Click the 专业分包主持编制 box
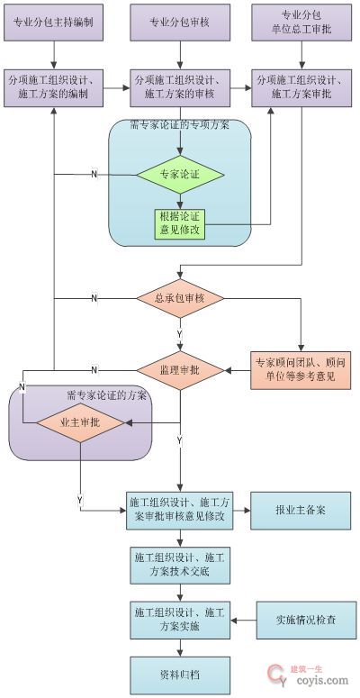point(55,23)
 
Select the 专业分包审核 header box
point(180,23)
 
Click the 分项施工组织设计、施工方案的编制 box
point(55,87)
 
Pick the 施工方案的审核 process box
point(180,87)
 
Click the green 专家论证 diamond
point(180,173)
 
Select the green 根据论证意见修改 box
point(180,223)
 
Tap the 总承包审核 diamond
point(180,298)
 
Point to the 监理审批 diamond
point(180,369)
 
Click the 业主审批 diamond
point(81,422)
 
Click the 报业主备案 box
point(300,510)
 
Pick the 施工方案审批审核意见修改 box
point(180,510)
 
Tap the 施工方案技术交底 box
point(180,566)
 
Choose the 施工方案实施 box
point(180,620)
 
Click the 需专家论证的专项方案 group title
point(180,124)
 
